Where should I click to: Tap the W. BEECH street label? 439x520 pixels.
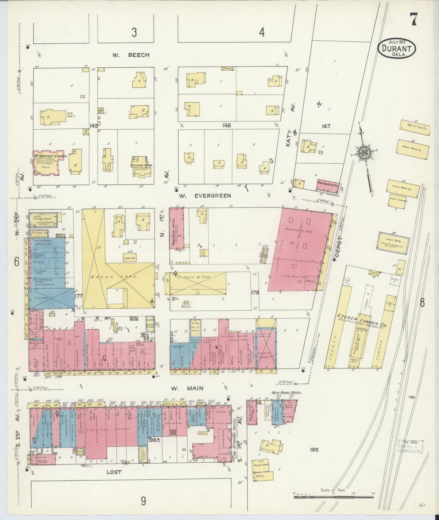pos(131,55)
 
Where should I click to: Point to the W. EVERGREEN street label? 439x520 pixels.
pos(205,196)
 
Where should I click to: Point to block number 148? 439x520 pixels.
pos(227,125)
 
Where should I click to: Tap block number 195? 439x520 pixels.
pos(314,449)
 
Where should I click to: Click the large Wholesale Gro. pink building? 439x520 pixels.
pos(299,249)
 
